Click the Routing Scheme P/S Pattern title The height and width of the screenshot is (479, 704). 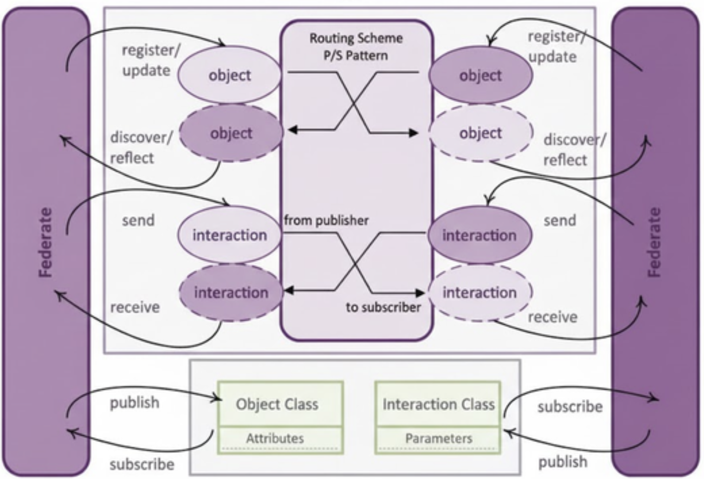pos(356,47)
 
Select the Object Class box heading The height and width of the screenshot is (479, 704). pos(277,404)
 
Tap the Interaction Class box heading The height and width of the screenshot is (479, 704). pos(438,404)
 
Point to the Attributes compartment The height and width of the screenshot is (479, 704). pos(275,438)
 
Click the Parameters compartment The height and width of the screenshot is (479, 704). pos(439,438)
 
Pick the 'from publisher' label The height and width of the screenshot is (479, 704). pos(326,220)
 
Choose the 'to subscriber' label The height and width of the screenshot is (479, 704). pos(383,307)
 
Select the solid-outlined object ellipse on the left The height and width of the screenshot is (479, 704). pos(230,75)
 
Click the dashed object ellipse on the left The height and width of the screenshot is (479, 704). pos(231,133)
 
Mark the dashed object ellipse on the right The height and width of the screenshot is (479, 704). pos(480,133)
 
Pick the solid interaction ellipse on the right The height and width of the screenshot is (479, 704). pos(479,235)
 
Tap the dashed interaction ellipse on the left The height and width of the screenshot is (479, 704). pos(231,293)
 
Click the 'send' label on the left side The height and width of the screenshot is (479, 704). pos(138,220)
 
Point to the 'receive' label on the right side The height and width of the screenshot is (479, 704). pos(553,317)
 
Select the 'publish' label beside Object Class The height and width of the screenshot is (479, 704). pos(134,403)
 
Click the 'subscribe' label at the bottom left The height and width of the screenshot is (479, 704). pos(142,464)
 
